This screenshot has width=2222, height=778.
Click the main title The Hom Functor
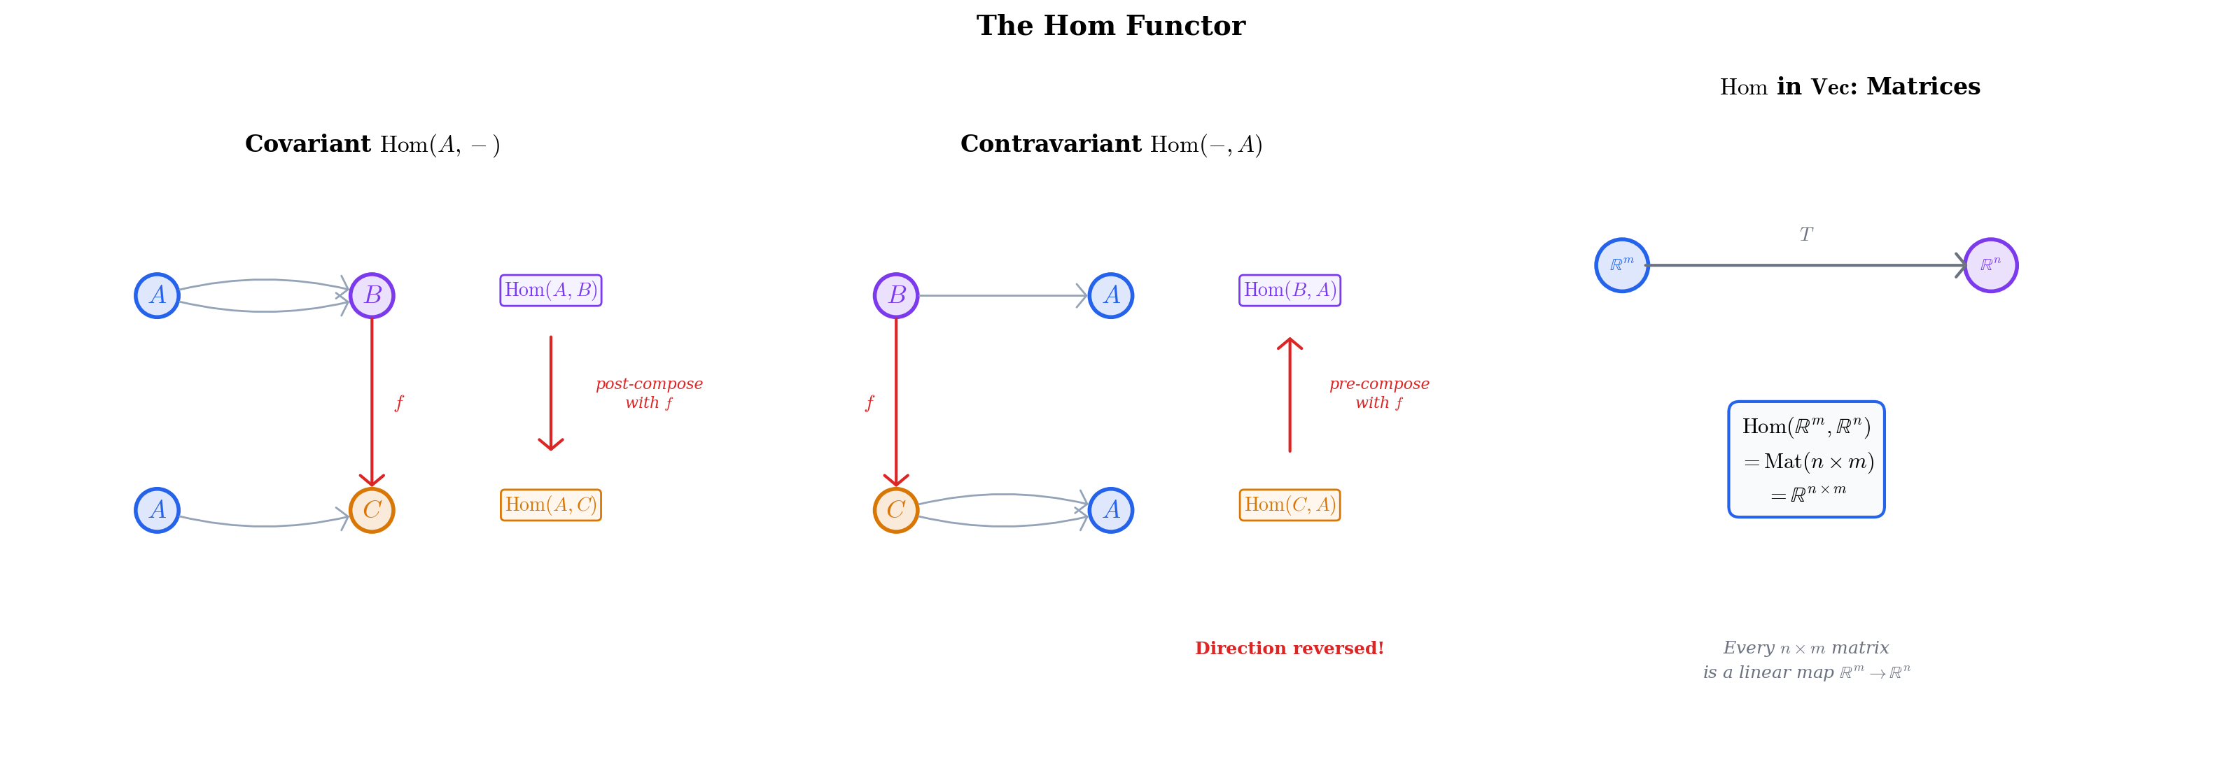click(x=1110, y=26)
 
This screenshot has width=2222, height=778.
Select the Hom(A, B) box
click(x=550, y=290)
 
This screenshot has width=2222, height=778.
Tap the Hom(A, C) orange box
click(x=550, y=505)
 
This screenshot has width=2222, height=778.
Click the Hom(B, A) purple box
click(x=1290, y=290)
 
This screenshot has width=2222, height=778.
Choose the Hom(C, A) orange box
click(x=1290, y=505)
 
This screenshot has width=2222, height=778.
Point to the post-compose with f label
click(x=649, y=393)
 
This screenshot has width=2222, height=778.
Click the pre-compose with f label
click(x=1378, y=393)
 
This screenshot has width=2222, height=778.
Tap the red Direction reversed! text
click(x=1289, y=649)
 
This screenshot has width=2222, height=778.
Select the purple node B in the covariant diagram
click(x=372, y=296)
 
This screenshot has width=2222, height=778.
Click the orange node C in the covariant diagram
click(x=372, y=511)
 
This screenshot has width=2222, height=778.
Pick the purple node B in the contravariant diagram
click(x=896, y=296)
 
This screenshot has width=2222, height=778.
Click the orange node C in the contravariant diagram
click(x=896, y=511)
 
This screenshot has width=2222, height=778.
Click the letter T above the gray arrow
click(x=1806, y=234)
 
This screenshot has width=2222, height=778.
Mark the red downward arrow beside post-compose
click(x=550, y=393)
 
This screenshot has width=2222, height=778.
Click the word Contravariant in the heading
click(x=1050, y=144)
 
